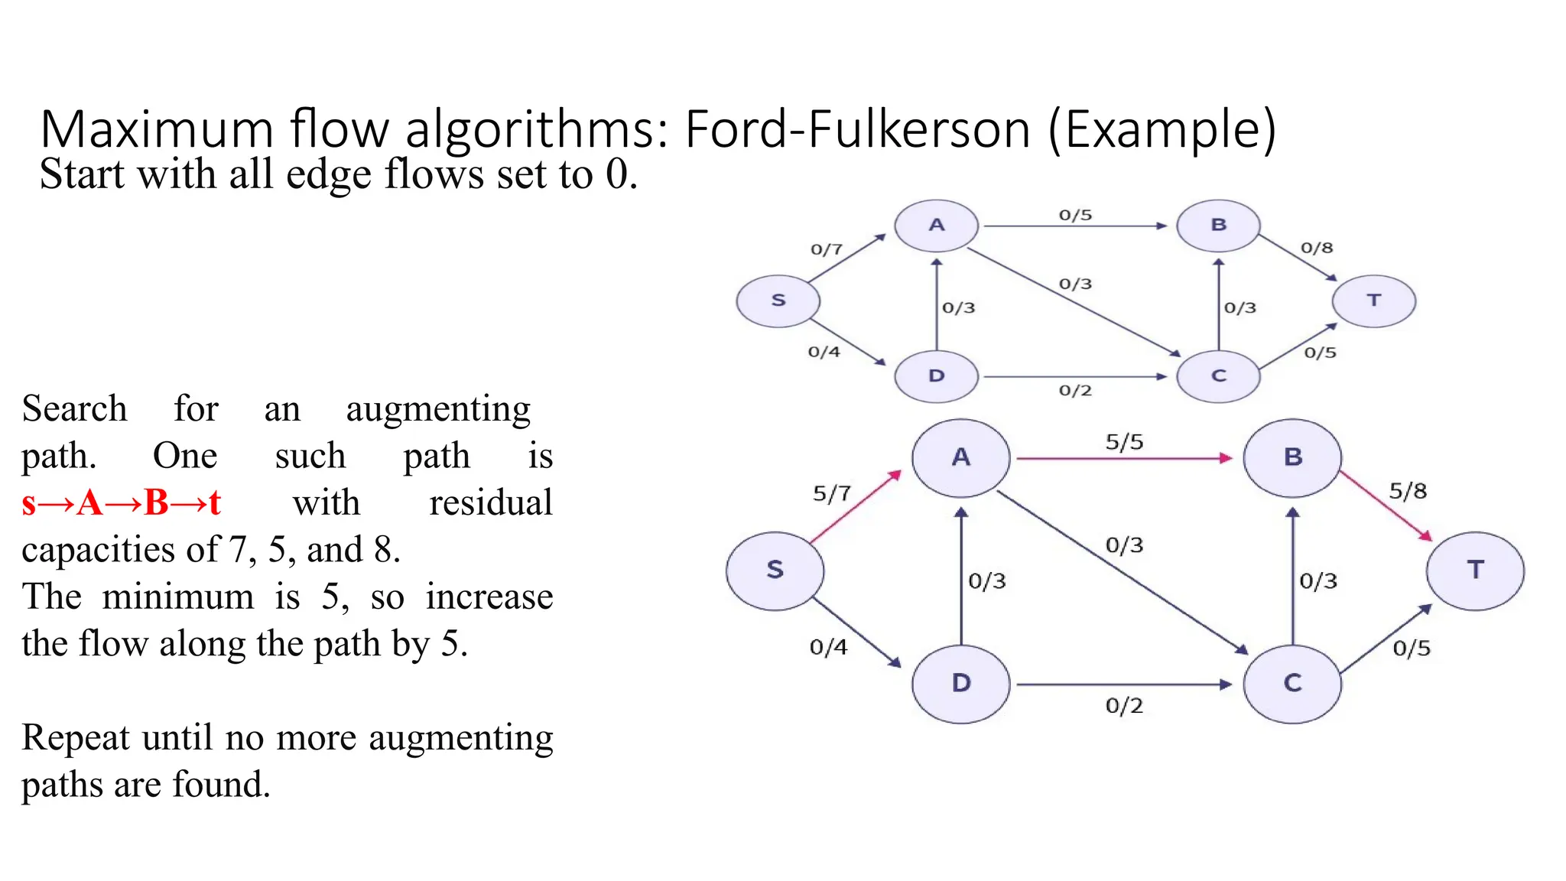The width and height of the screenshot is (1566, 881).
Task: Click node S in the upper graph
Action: (x=778, y=301)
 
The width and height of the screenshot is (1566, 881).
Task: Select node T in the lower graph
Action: (x=1475, y=571)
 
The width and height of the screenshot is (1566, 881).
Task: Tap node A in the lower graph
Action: (x=960, y=457)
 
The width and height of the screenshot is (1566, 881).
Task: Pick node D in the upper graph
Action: (x=936, y=376)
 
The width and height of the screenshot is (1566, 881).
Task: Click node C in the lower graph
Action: (x=1292, y=683)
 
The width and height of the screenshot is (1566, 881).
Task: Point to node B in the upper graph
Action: (x=1218, y=226)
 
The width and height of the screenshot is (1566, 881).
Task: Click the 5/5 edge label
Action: (x=1124, y=442)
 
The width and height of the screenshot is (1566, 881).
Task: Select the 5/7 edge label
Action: (x=831, y=493)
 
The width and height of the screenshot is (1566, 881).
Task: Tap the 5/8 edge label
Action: (x=1408, y=491)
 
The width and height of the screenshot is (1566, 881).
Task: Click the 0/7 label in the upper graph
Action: (x=826, y=249)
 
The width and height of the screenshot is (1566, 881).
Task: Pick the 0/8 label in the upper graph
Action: (x=1317, y=248)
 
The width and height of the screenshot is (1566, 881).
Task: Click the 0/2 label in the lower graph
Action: (x=1124, y=705)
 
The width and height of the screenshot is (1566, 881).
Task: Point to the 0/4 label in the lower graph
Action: (x=828, y=648)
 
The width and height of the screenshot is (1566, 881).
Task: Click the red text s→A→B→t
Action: (x=122, y=503)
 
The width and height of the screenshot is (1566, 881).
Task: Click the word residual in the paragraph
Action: (x=490, y=503)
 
